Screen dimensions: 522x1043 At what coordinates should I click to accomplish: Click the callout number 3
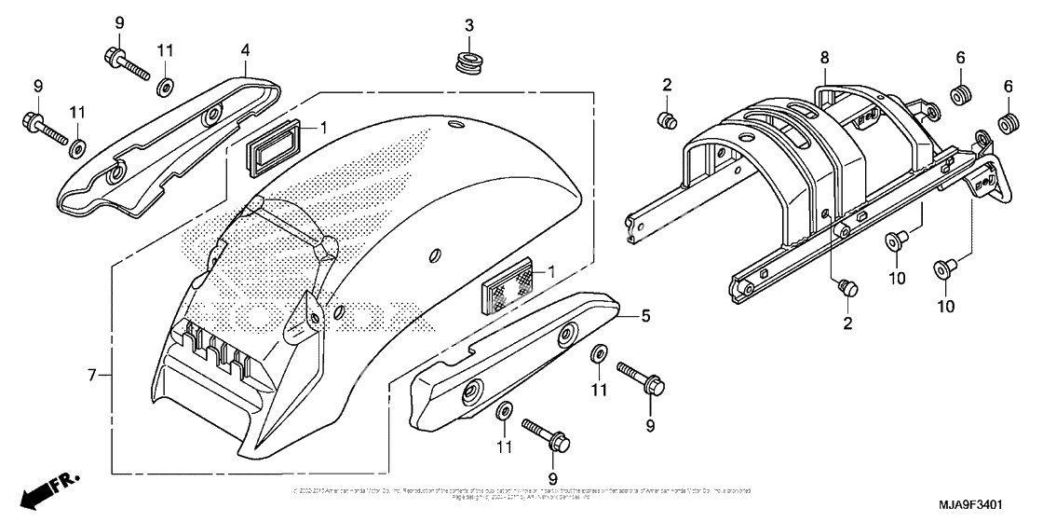click(x=470, y=23)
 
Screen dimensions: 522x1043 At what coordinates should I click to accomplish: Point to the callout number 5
click(x=643, y=316)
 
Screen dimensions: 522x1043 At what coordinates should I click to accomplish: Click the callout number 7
click(x=91, y=376)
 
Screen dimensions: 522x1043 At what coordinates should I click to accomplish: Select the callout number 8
click(x=823, y=57)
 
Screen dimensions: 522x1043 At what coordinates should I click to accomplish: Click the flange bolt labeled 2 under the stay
click(x=847, y=288)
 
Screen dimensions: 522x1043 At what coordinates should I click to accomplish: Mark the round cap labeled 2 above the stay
click(x=667, y=118)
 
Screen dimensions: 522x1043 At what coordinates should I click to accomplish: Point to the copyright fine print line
click(x=521, y=491)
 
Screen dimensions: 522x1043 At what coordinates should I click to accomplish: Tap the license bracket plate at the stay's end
click(x=988, y=176)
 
